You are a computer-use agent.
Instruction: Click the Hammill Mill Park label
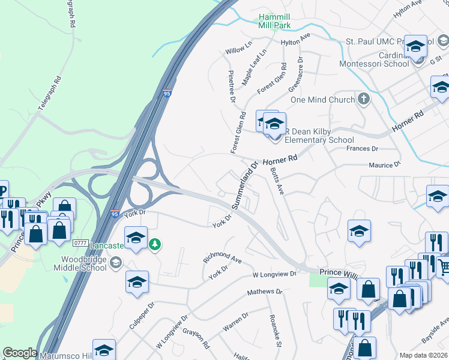pyautogui.click(x=274, y=22)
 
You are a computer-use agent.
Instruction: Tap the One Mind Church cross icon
pyautogui.click(x=363, y=99)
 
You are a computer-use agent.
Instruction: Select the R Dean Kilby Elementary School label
pyautogui.click(x=319, y=136)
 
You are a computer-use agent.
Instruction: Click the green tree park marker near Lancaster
pyautogui.click(x=155, y=244)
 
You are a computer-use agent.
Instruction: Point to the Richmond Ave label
pyautogui.click(x=222, y=259)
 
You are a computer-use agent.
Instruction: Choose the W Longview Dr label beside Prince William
pyautogui.click(x=275, y=274)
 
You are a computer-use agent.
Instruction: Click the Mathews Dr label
pyautogui.click(x=264, y=292)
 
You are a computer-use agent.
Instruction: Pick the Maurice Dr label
pyautogui.click(x=384, y=165)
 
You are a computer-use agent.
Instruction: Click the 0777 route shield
pyautogui.click(x=80, y=243)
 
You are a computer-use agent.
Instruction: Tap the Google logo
pyautogui.click(x=20, y=353)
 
